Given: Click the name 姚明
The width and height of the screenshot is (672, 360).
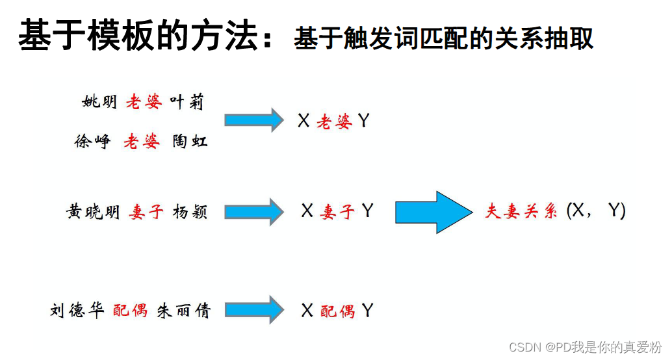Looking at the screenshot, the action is tap(99, 102).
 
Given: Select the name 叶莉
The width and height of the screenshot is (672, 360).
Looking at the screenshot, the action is tap(187, 102).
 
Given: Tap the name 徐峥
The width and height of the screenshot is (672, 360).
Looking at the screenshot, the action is tap(92, 142).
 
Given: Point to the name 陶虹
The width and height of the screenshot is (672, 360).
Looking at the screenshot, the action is tap(190, 142).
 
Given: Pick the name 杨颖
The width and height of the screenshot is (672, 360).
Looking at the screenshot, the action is tap(190, 212).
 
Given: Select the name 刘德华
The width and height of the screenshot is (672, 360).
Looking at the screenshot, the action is tap(77, 311).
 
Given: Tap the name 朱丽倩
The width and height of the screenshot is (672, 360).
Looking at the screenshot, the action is tap(184, 311).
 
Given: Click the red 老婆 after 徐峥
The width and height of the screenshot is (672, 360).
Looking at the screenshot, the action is tap(141, 142).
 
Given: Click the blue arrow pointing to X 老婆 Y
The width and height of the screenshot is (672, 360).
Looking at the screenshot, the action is tap(253, 120).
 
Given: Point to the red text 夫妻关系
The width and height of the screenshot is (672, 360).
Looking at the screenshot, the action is tap(521, 212).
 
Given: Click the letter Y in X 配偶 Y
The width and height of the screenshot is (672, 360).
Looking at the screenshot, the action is tap(368, 311).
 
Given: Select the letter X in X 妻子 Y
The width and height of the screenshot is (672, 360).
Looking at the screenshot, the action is tap(307, 211).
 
